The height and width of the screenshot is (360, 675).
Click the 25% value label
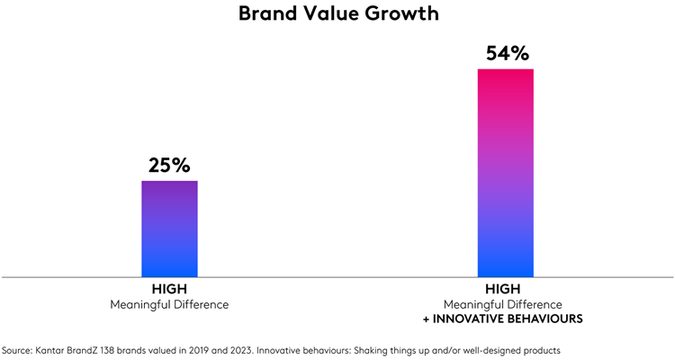169,166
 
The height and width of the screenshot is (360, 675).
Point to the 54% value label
505,53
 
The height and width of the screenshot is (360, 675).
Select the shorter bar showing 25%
169,229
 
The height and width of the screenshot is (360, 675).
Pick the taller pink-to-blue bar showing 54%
505,172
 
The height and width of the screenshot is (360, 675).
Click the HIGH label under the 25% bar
169,290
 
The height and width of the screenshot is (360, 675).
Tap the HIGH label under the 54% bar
505,290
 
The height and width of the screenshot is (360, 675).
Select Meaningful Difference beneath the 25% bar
169,304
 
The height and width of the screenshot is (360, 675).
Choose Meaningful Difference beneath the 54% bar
505,304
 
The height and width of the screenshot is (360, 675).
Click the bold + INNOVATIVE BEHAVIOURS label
505,319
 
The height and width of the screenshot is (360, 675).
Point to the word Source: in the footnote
20,349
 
